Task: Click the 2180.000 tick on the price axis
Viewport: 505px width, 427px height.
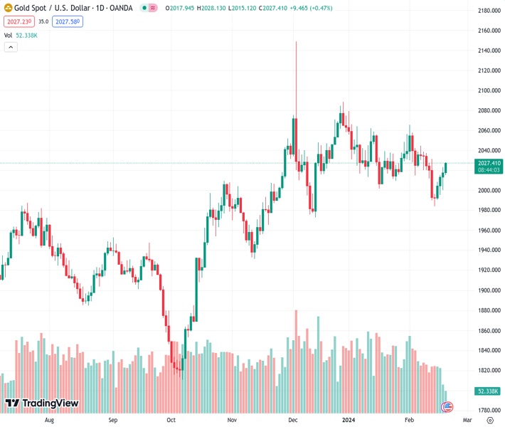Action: click(x=489, y=11)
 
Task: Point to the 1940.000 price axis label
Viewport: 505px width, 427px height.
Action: click(x=489, y=251)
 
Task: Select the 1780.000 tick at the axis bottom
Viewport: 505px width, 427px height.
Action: click(x=489, y=411)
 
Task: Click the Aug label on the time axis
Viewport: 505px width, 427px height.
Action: click(x=49, y=421)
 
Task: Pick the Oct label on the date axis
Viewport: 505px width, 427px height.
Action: click(x=171, y=421)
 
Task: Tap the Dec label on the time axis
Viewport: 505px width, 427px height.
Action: click(x=292, y=421)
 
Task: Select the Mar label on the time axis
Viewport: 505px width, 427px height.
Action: click(x=467, y=421)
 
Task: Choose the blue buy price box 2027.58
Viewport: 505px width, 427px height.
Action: click(x=68, y=21)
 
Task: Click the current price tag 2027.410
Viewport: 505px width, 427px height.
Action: click(x=490, y=163)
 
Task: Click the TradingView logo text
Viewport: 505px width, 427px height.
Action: click(x=42, y=404)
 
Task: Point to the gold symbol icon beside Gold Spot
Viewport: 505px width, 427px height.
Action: click(x=8, y=8)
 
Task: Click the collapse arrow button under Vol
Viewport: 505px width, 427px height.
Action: click(x=11, y=47)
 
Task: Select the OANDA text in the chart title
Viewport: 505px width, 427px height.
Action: click(x=122, y=8)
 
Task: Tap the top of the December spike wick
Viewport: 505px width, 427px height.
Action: click(x=296, y=42)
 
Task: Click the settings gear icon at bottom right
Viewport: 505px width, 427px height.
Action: click(x=489, y=421)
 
